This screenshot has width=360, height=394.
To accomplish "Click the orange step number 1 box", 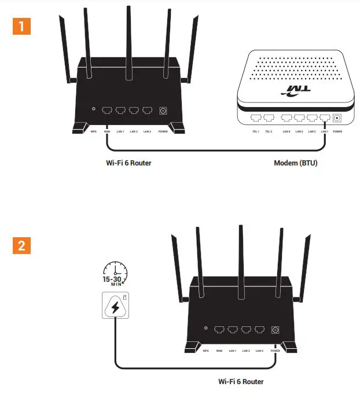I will coord(21,27).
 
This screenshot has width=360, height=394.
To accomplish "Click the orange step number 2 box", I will coord(21,245).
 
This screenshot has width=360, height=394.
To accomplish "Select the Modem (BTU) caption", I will coord(296,163).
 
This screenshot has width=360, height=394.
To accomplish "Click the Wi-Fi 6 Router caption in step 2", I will coord(241,381).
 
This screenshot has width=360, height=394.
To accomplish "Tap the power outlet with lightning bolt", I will coord(115,306).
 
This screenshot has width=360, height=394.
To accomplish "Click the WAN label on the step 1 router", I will coord(107,131).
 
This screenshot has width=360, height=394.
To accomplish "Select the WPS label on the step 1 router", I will coord(93,131).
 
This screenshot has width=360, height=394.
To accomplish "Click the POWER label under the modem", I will coord(338,131).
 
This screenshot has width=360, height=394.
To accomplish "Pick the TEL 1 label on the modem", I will coord(255,131).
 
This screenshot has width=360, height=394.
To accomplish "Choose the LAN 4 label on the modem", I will coord(286,131).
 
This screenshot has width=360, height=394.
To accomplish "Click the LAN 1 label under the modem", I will coord(325,131).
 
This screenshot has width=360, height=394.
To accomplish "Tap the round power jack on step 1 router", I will coord(163,110).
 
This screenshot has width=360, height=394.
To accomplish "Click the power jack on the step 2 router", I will coord(275,329).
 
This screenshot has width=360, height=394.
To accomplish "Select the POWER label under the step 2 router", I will coord(275,351).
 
